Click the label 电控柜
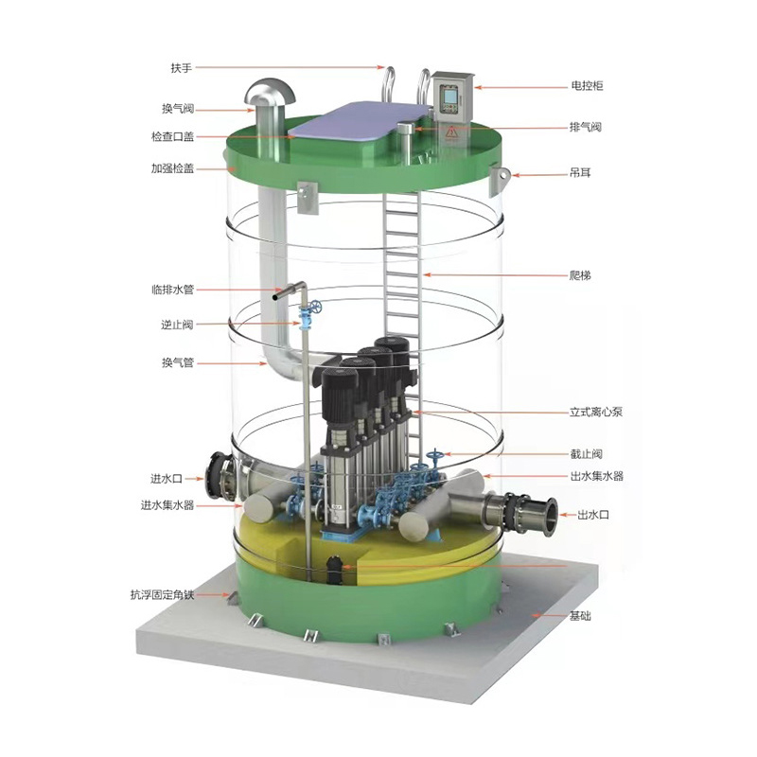[x=587, y=86]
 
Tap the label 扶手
[x=182, y=68]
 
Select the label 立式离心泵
[x=596, y=412]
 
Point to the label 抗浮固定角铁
[x=162, y=595]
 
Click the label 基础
[x=580, y=616]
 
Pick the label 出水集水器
[x=597, y=476]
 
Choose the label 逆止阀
[x=177, y=325]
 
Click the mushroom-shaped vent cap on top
[x=270, y=91]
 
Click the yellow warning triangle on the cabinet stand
[x=451, y=131]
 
